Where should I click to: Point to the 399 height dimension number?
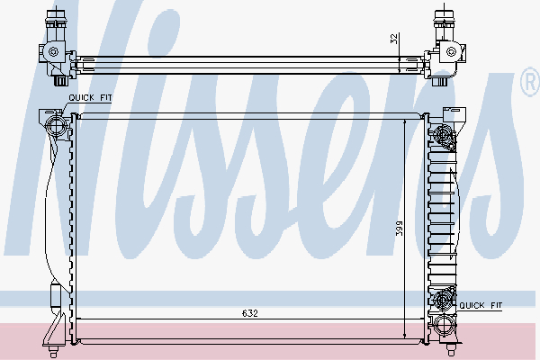(398, 229)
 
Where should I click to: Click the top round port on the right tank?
(442, 136)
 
